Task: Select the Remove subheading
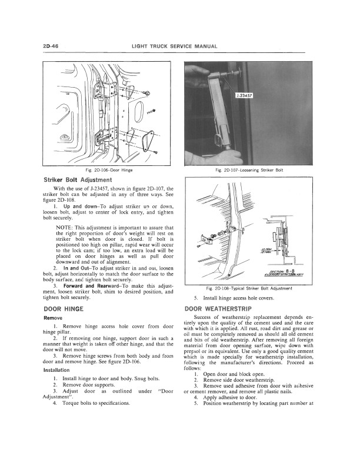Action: (54, 318)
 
